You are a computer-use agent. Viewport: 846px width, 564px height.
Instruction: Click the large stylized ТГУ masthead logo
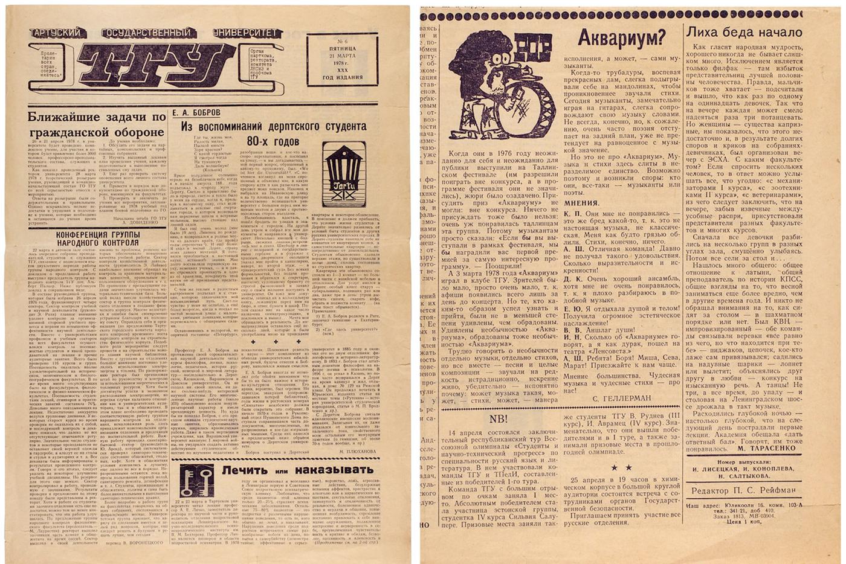point(145,65)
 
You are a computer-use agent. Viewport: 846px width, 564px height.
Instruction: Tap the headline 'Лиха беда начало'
point(746,32)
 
